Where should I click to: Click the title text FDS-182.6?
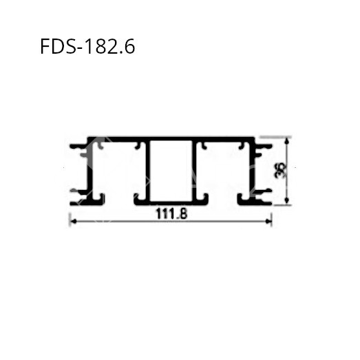point(87,47)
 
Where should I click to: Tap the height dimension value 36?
point(278,171)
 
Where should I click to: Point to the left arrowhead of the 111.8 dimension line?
point(72,221)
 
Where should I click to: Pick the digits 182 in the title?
point(104,47)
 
